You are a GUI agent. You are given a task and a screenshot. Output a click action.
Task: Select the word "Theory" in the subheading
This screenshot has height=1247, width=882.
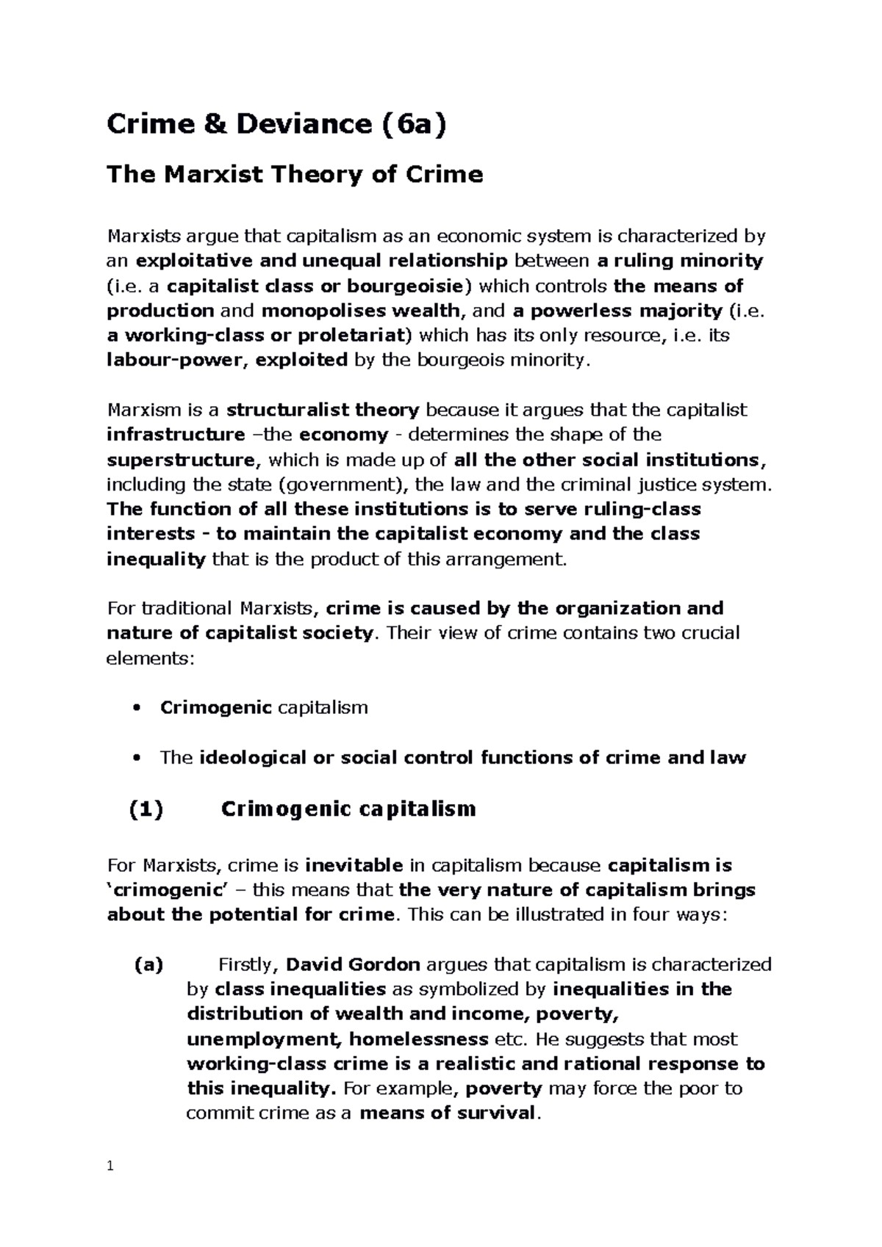pos(323,175)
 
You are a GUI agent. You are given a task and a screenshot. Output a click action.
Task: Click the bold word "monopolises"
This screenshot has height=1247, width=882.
pos(310,311)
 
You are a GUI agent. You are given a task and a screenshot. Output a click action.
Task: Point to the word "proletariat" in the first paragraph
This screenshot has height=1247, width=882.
pos(356,336)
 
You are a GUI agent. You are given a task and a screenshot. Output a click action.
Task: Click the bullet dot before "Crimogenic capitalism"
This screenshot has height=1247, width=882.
pos(133,709)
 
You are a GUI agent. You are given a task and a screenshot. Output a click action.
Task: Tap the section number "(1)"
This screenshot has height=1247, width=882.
pos(146,809)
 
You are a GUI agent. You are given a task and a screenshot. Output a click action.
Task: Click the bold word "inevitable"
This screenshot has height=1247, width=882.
pos(354,866)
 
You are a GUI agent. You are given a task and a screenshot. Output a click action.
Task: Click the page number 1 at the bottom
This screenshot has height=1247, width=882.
pos(110,1166)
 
